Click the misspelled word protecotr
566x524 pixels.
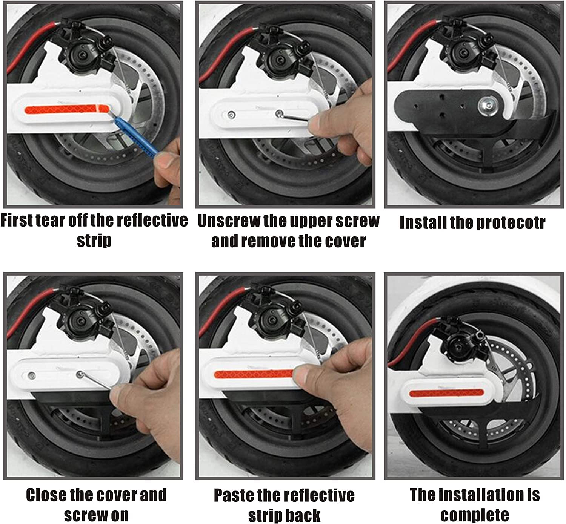coord(511,223)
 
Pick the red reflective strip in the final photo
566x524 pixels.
coord(447,393)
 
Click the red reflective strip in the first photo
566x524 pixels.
coord(67,109)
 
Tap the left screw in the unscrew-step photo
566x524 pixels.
coord(232,115)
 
